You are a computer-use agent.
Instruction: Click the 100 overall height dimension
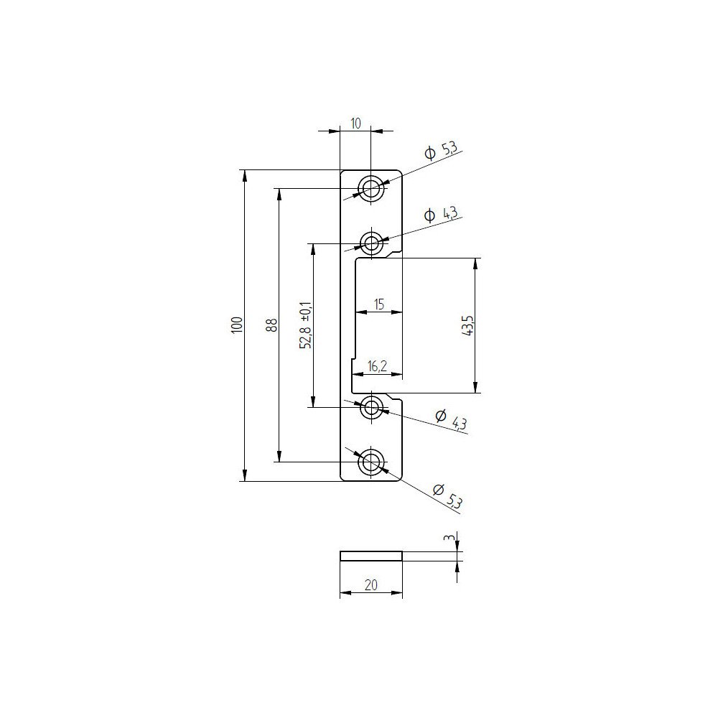click(237, 325)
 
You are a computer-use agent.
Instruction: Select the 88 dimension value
click(271, 325)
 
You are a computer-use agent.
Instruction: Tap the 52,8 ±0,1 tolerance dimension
click(306, 325)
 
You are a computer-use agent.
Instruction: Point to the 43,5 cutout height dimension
click(467, 325)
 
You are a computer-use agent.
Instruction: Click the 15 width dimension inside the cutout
click(379, 304)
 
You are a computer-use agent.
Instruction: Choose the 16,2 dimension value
click(377, 366)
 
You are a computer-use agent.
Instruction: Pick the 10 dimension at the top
click(356, 123)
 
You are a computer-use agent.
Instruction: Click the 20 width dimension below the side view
click(371, 584)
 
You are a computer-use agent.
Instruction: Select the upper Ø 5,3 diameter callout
click(440, 151)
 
